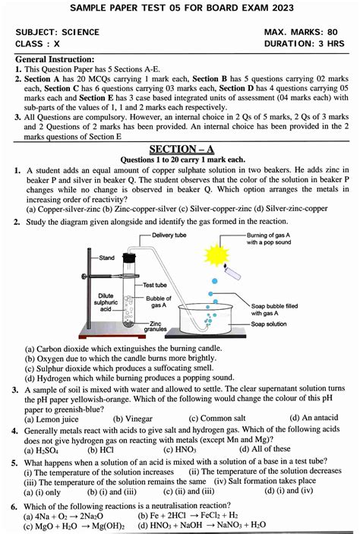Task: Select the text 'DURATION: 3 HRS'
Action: click(304, 44)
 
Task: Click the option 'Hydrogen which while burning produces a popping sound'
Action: click(129, 378)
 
